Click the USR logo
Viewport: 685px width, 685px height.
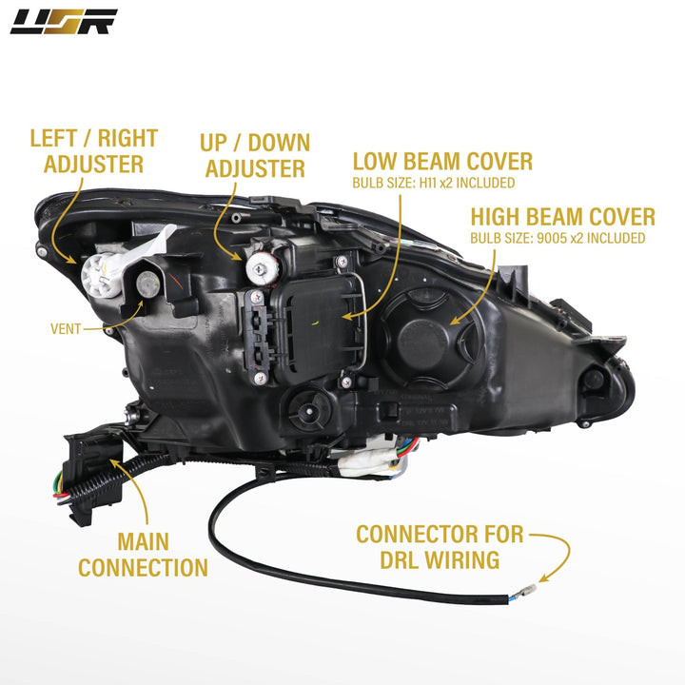64,21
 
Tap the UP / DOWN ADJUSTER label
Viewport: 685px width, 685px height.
254,156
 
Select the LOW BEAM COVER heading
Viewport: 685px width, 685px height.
442,161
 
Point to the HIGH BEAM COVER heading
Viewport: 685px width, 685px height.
562,216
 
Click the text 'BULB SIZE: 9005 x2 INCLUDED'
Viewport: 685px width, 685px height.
558,238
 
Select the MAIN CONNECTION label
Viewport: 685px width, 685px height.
143,555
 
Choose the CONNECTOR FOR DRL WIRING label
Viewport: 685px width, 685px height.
440,546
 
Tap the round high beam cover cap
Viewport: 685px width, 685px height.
423,339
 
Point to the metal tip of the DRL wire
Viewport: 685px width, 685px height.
521,598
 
